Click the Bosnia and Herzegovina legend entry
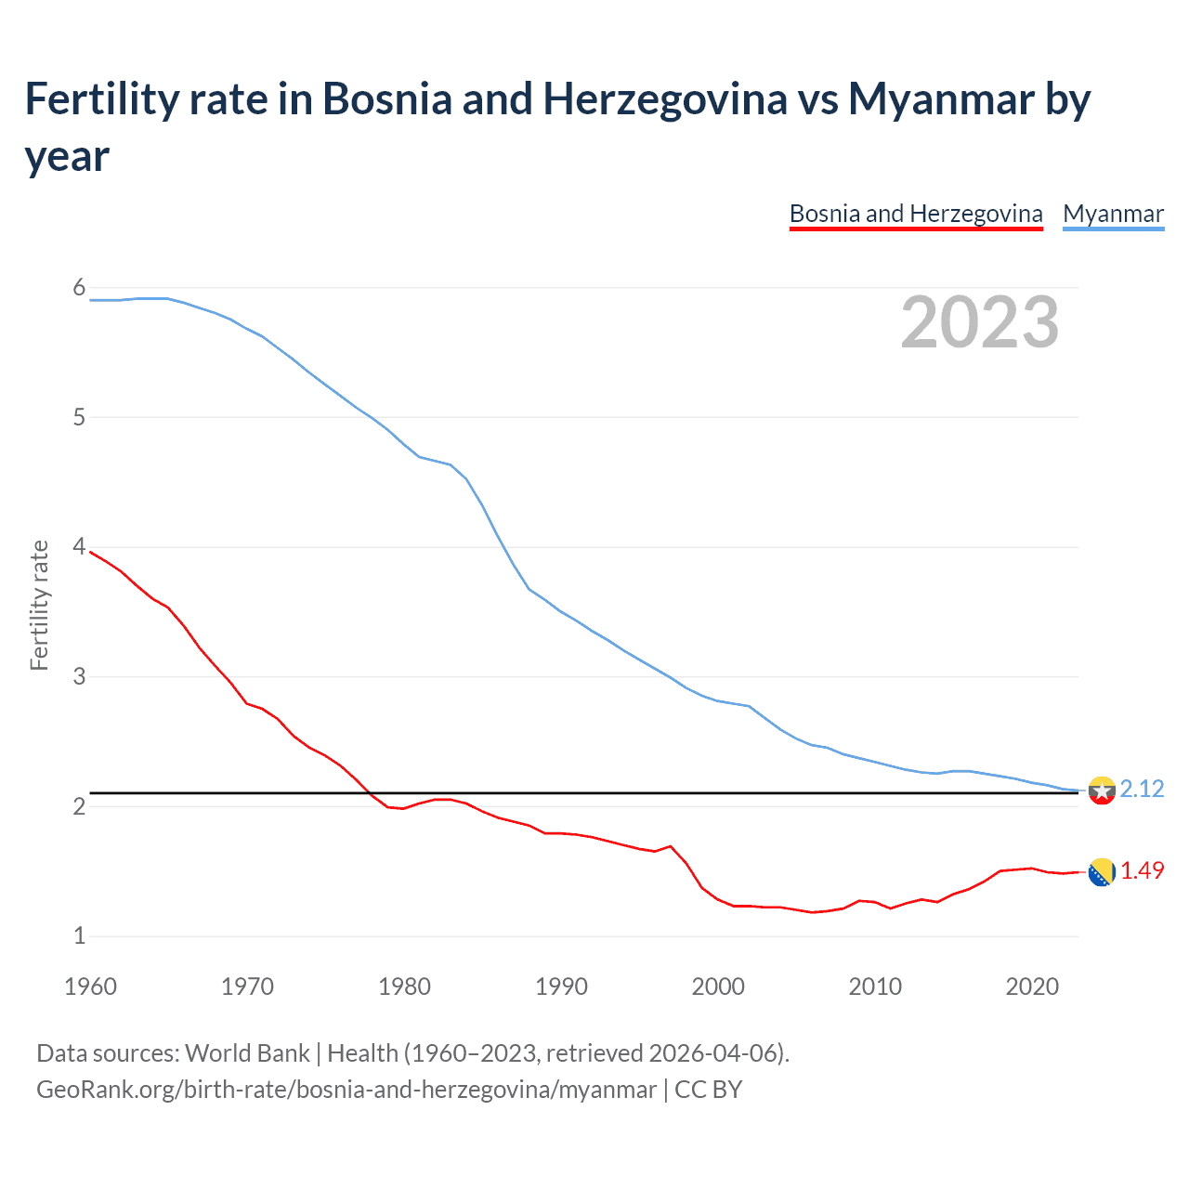(x=916, y=214)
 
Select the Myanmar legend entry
(x=1113, y=214)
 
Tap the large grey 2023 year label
(x=980, y=322)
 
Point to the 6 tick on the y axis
(x=79, y=288)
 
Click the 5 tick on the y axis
(x=79, y=417)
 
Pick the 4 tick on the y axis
(x=79, y=547)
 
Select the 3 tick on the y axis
(x=79, y=676)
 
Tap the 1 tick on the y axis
(x=79, y=935)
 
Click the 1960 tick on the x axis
(x=90, y=986)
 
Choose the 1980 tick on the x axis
(x=404, y=986)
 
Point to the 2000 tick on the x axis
(x=718, y=986)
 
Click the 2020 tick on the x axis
(x=1032, y=986)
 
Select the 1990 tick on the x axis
(x=561, y=986)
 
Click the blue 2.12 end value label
(x=1142, y=789)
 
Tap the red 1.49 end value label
(x=1142, y=870)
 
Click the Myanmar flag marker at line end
(x=1102, y=790)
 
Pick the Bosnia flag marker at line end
(x=1102, y=872)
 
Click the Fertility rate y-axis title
(x=39, y=605)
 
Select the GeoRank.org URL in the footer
(x=346, y=1089)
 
